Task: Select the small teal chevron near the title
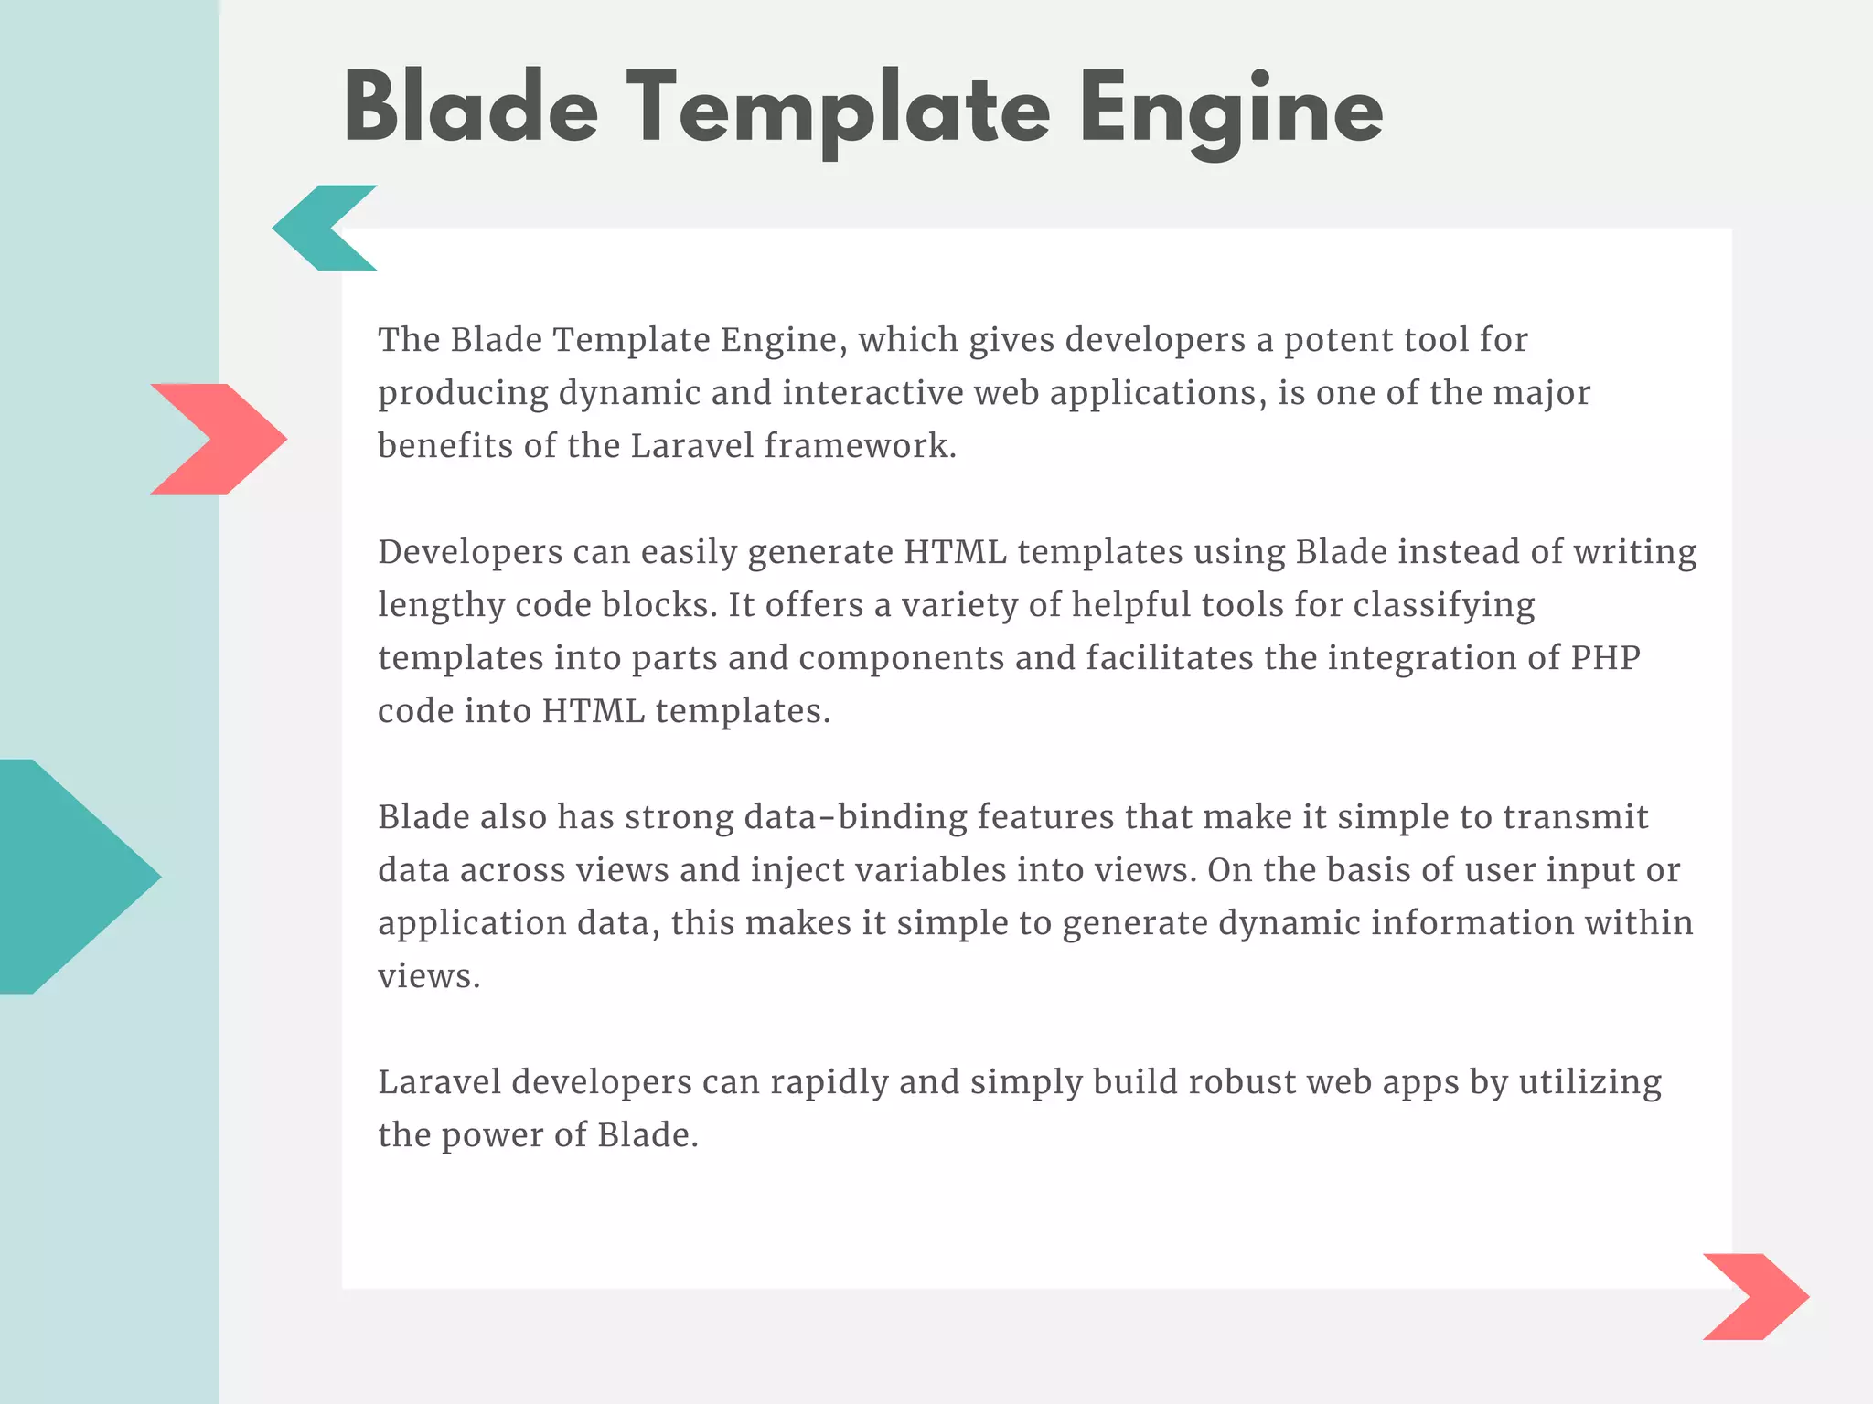point(316,229)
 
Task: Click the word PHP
point(1605,658)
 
